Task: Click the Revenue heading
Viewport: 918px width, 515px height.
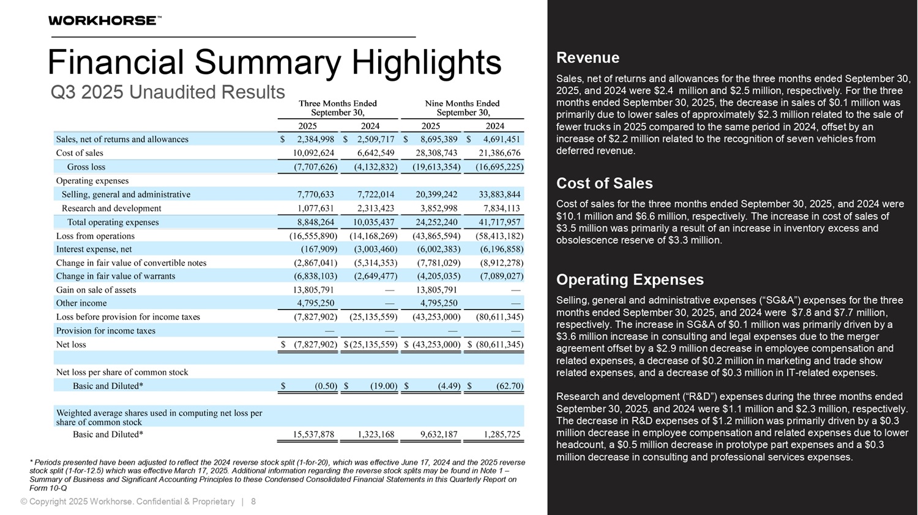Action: coord(588,58)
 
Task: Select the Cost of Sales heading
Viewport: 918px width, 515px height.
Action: coord(604,183)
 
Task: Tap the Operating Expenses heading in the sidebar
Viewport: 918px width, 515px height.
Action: coord(630,280)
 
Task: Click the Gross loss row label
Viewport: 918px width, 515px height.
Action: coord(86,167)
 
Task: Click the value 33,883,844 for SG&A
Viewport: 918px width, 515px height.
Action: coord(499,195)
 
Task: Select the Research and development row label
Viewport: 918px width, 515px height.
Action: coord(111,209)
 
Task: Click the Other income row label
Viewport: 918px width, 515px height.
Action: coord(81,303)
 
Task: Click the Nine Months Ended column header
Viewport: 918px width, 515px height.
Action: coord(462,108)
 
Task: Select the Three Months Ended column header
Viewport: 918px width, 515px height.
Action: coord(338,108)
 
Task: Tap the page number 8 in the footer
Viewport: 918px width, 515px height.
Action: coord(253,502)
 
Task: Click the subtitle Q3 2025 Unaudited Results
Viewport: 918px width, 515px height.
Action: coord(168,92)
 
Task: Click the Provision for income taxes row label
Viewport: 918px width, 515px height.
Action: coord(106,331)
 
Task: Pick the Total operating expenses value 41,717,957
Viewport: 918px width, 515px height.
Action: coord(499,223)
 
